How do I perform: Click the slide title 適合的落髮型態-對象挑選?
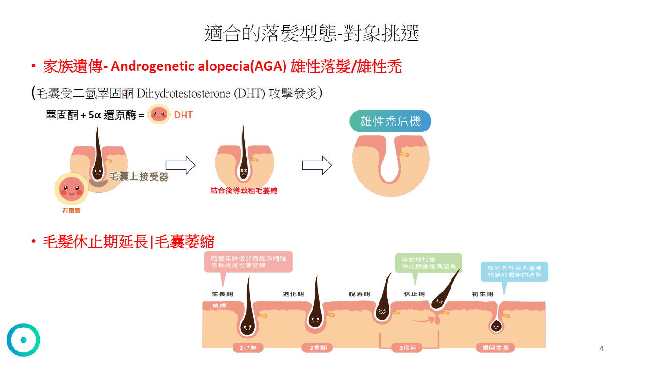[x=312, y=33]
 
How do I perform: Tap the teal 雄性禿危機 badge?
[x=390, y=122]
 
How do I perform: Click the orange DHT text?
[x=183, y=115]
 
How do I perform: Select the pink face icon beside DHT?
[x=159, y=115]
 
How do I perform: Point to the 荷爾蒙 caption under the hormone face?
[x=72, y=211]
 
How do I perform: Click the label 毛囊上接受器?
[x=139, y=177]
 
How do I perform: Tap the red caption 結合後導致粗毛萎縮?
[x=244, y=191]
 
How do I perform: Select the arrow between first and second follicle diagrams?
[x=181, y=165]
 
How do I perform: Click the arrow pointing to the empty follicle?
[x=317, y=165]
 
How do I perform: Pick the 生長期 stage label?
[x=222, y=294]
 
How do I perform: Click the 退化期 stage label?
[x=293, y=294]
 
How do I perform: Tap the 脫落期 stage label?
[x=359, y=294]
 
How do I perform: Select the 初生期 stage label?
[x=482, y=294]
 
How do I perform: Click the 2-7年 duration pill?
[x=248, y=348]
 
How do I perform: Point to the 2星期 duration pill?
[x=318, y=348]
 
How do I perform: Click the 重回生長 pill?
[x=495, y=348]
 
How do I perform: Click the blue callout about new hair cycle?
[x=514, y=271]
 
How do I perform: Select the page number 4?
[x=601, y=349]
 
